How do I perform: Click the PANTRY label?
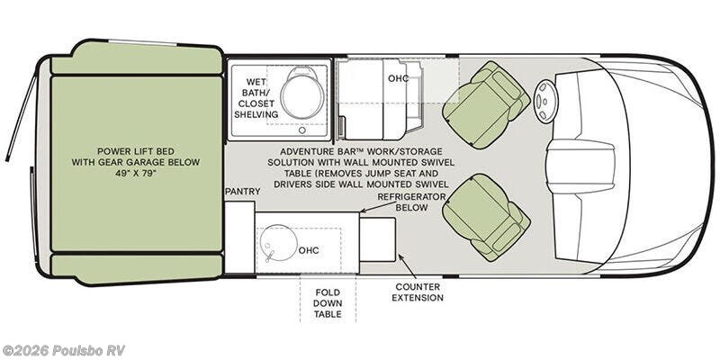point(242,192)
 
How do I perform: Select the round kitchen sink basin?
point(276,243)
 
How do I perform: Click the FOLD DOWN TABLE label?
point(328,303)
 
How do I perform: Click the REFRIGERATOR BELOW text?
point(411,202)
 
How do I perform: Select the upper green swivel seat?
point(485,105)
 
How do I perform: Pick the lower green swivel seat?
point(485,217)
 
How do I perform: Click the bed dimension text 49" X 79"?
point(136,174)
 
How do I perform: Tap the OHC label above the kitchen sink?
point(309,250)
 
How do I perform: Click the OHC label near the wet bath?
point(398,78)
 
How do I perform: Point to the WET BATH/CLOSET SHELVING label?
point(256,98)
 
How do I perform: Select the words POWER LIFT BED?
point(136,150)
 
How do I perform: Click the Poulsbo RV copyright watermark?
point(63,350)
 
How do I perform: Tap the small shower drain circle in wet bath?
point(301,130)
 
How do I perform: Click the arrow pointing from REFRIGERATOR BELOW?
point(378,207)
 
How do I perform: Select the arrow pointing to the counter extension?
point(408,266)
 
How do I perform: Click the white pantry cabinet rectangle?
point(239,237)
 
